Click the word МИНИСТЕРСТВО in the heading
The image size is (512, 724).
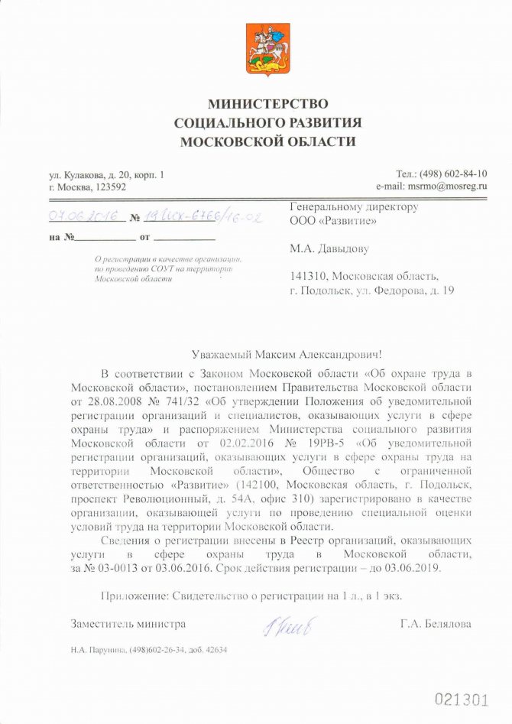pyautogui.click(x=267, y=103)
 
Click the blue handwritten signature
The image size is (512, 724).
pyautogui.click(x=287, y=627)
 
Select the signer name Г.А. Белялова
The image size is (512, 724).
pyautogui.click(x=435, y=624)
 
